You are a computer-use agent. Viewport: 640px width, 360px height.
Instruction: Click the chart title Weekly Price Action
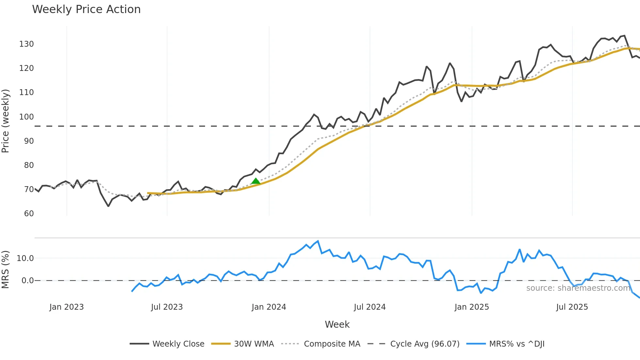click(86, 9)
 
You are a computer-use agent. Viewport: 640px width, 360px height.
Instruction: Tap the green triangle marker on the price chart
click(256, 181)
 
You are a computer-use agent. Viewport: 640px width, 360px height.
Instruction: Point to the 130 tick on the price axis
click(26, 44)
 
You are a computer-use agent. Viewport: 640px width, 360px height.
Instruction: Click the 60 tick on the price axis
click(29, 214)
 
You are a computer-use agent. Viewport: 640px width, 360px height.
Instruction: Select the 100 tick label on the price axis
click(26, 117)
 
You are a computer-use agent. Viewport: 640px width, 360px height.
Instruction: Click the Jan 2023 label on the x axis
click(67, 307)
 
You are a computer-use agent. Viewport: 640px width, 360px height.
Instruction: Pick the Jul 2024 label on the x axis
click(370, 307)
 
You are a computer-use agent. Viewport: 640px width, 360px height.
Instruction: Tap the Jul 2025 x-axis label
click(572, 307)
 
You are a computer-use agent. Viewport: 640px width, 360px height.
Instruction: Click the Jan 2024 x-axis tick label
click(269, 307)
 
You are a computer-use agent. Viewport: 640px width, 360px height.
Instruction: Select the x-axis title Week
click(337, 324)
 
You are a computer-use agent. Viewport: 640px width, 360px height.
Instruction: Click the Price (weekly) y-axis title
click(6, 121)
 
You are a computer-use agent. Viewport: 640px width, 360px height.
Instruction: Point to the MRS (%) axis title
click(6, 270)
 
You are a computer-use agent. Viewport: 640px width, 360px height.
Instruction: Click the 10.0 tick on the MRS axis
click(25, 258)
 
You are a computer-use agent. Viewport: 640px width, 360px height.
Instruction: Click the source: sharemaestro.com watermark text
click(578, 288)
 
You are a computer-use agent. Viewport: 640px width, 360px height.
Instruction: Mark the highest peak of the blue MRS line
click(318, 241)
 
